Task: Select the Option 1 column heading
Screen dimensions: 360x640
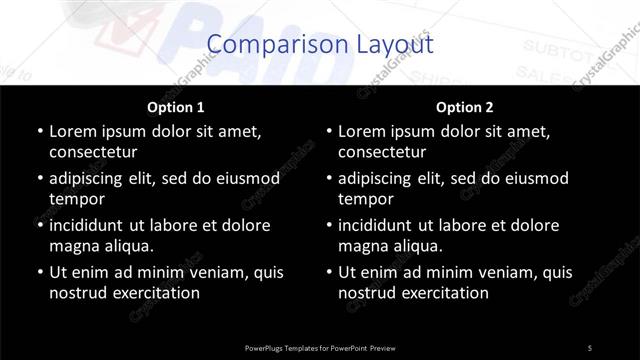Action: tap(176, 107)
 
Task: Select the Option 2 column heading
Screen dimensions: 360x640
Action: tap(465, 107)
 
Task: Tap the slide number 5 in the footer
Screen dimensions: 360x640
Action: tap(589, 347)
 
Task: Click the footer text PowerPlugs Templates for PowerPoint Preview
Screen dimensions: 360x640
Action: tap(319, 347)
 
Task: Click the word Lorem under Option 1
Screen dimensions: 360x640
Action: tap(73, 131)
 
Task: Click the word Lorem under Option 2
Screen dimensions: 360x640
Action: tap(363, 131)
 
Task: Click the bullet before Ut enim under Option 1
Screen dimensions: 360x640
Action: tap(39, 272)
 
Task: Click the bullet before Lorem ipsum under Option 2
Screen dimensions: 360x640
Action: tap(329, 131)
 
